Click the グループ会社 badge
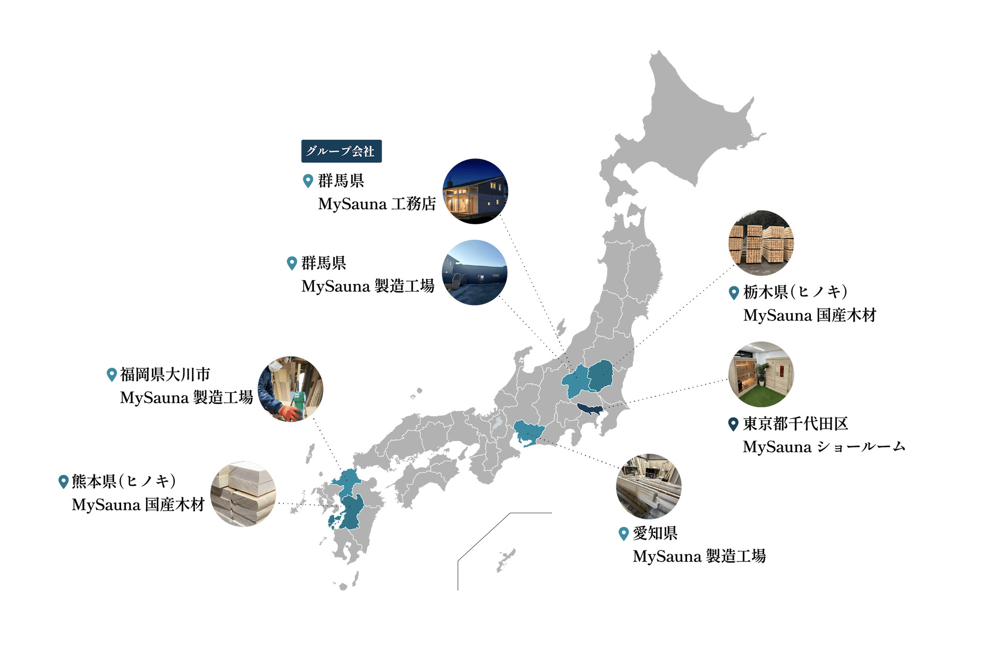click(341, 151)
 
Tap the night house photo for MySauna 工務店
click(475, 191)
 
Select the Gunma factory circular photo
click(475, 273)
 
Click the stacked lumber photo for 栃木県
click(761, 243)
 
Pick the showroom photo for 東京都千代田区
click(761, 374)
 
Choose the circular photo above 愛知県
click(648, 486)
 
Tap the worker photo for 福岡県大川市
click(291, 389)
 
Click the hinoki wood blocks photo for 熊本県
click(243, 494)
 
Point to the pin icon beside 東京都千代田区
click(733, 424)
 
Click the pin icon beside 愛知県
click(624, 533)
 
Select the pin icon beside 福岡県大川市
click(112, 375)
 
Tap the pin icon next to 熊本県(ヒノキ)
click(63, 481)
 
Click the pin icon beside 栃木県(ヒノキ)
click(734, 292)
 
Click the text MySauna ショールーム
click(824, 447)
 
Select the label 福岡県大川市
click(165, 375)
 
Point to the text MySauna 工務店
click(377, 204)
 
